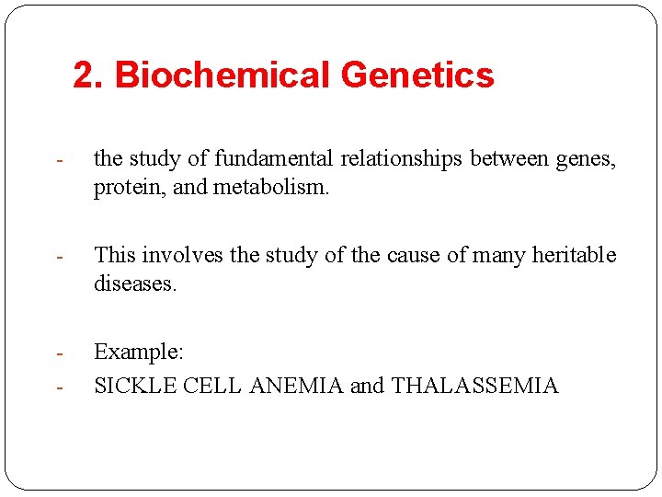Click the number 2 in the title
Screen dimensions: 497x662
83,75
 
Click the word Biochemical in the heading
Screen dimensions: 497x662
222,75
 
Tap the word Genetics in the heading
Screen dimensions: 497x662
417,75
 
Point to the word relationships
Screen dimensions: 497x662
403,159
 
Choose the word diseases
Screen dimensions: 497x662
134,283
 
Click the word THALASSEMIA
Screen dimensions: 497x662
474,386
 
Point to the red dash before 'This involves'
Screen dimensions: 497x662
58,257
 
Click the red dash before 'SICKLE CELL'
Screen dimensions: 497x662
58,387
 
